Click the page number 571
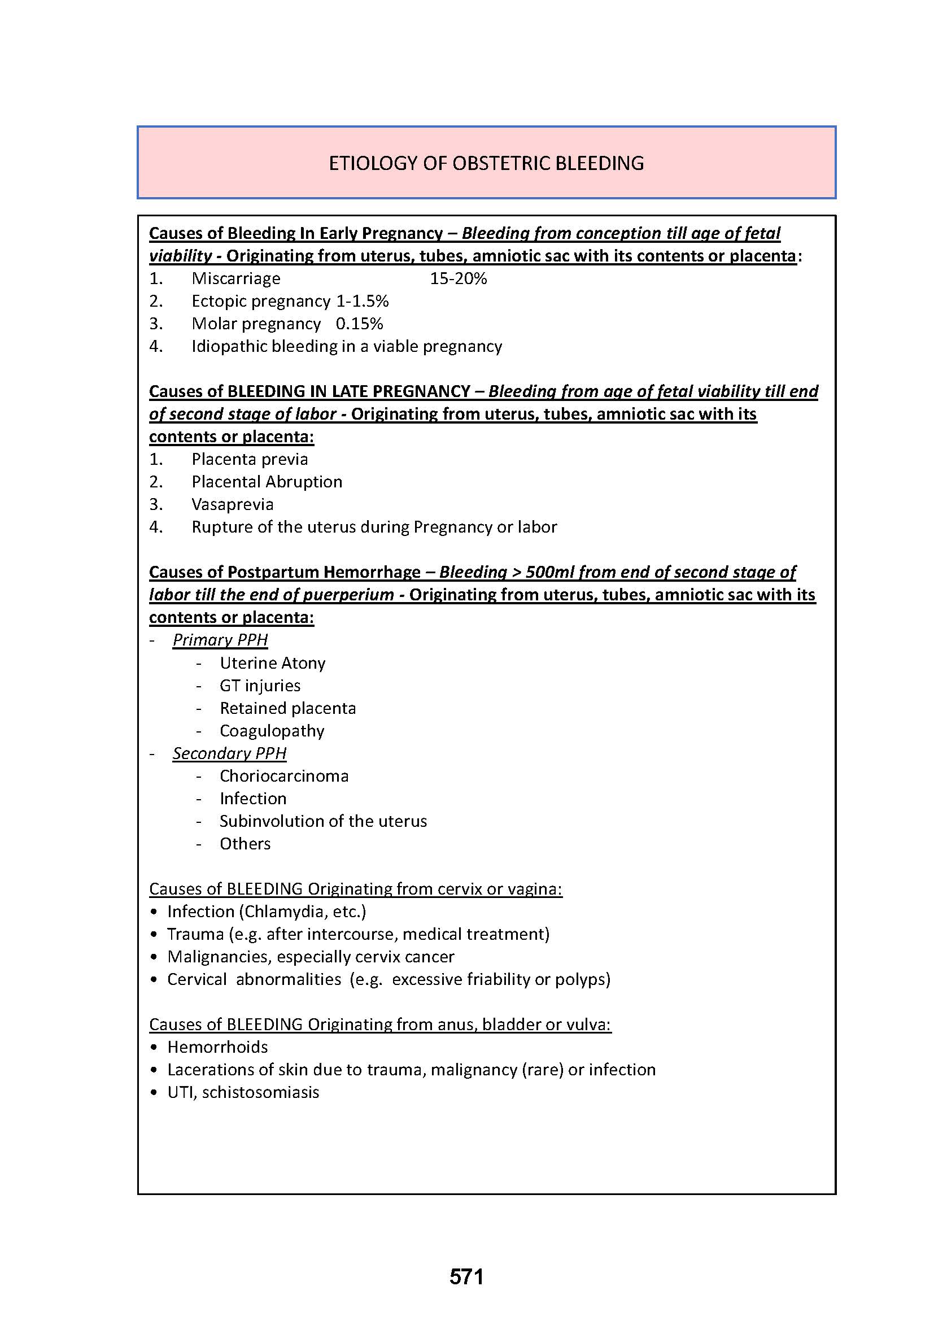(x=466, y=1277)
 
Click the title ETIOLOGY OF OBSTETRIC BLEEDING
(x=486, y=163)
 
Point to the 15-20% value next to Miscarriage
(x=459, y=278)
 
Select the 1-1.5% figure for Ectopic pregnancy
(x=363, y=301)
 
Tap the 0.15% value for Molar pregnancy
(x=360, y=324)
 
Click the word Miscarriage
(x=236, y=278)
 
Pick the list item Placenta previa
(x=250, y=459)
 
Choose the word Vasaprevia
(x=232, y=504)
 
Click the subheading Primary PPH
(x=220, y=640)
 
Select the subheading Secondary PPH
(x=229, y=753)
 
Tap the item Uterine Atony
(x=273, y=663)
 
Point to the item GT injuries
(x=260, y=685)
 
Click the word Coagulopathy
(x=272, y=731)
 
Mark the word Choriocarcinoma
(x=284, y=775)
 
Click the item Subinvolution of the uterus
(x=323, y=821)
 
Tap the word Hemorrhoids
(x=217, y=1047)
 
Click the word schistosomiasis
(x=260, y=1092)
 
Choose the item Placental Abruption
(x=267, y=482)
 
